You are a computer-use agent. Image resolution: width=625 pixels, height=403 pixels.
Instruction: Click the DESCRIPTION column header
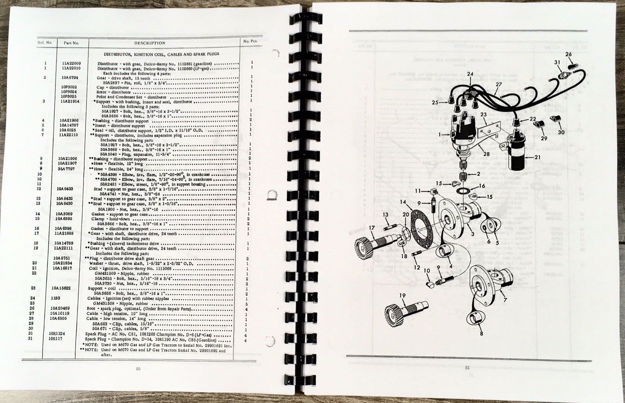pos(150,43)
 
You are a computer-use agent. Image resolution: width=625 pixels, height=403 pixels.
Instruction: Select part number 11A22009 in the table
pos(71,63)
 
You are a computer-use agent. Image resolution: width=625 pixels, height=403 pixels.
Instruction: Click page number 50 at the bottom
pos(137,368)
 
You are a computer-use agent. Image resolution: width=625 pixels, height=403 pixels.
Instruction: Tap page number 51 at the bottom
pos(467,367)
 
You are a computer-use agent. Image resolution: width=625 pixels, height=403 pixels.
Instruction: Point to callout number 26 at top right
pos(568,54)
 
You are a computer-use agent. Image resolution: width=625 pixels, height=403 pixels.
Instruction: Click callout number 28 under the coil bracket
pos(486,154)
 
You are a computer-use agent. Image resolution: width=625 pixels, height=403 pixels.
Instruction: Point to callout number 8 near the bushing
pos(481,334)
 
